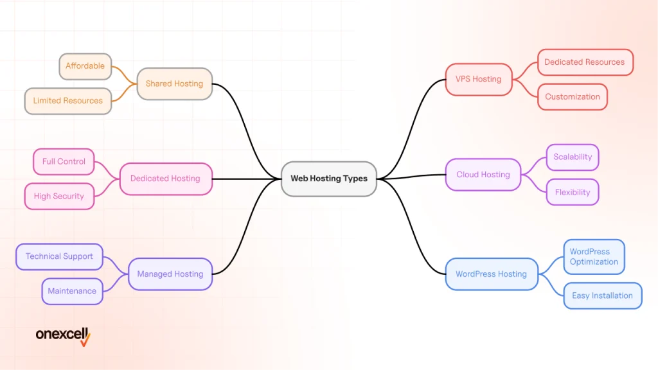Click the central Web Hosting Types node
point(329,179)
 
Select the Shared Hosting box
point(174,84)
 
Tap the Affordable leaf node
point(85,66)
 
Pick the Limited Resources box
point(67,101)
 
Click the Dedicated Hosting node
point(165,179)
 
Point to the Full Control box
point(64,162)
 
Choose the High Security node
point(59,197)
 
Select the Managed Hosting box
point(170,274)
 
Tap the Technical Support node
point(59,256)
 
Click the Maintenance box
point(72,291)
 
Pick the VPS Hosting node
point(478,79)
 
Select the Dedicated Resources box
point(585,62)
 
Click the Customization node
point(573,97)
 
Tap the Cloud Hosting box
point(483,175)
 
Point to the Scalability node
point(573,157)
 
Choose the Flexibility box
point(573,192)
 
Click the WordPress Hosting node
point(491,274)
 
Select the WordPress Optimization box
point(594,257)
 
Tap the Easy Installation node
point(602,296)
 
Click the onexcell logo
point(63,335)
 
